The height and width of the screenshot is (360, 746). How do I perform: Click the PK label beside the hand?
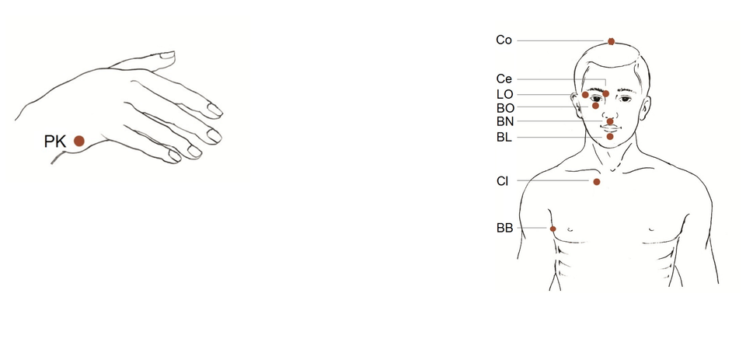coord(54,142)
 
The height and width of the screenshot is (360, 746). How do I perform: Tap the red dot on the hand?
coord(79,141)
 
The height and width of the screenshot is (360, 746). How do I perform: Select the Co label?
coord(504,40)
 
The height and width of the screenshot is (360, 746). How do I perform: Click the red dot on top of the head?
coord(611,41)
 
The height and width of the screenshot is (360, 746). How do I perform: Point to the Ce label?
coord(504,79)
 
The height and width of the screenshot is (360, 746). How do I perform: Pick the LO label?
coord(505,94)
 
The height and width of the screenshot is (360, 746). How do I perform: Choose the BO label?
coord(505,108)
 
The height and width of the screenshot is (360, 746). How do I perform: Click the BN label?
coord(505,122)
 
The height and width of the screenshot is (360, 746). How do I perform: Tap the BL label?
coord(504,138)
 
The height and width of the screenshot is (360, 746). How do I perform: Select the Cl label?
coord(503,181)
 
